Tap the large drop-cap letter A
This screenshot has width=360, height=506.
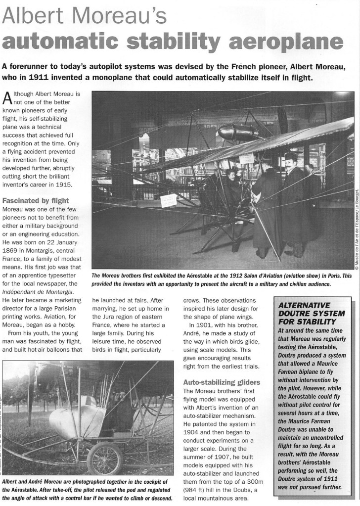click(9, 100)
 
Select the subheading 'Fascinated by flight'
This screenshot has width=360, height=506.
click(36, 201)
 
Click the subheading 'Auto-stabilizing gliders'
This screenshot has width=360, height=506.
click(222, 382)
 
